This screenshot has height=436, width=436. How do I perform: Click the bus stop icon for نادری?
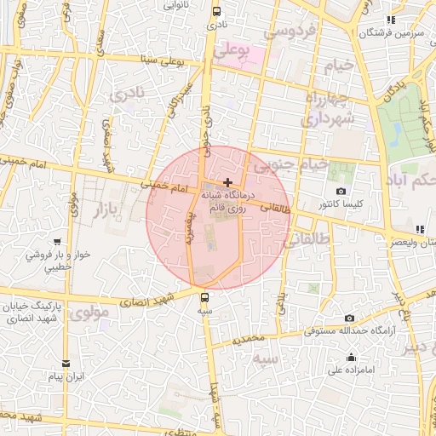pyautogui.click(x=216, y=12)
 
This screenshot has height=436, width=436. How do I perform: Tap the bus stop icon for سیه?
pyautogui.click(x=204, y=297)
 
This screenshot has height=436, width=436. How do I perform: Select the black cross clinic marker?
pyautogui.click(x=227, y=182)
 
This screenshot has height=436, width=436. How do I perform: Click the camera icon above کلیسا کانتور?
pyautogui.click(x=341, y=192)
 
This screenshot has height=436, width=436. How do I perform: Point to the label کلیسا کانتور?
pyautogui.click(x=341, y=205)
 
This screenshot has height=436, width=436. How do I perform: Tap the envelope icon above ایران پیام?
pyautogui.click(x=66, y=363)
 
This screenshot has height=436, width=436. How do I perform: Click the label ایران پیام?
pyautogui.click(x=66, y=376)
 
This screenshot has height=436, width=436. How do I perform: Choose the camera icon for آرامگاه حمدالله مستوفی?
pyautogui.click(x=349, y=318)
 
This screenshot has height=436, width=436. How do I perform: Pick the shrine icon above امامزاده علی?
pyautogui.click(x=351, y=357)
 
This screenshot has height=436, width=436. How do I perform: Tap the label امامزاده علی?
pyautogui.click(x=350, y=370)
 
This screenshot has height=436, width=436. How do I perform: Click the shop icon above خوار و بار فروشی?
pyautogui.click(x=57, y=242)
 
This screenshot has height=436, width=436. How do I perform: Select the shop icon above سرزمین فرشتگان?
pyautogui.click(x=391, y=20)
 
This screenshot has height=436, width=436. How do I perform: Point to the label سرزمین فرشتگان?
pyautogui.click(x=391, y=33)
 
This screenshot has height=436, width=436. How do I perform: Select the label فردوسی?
pyautogui.click(x=290, y=32)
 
